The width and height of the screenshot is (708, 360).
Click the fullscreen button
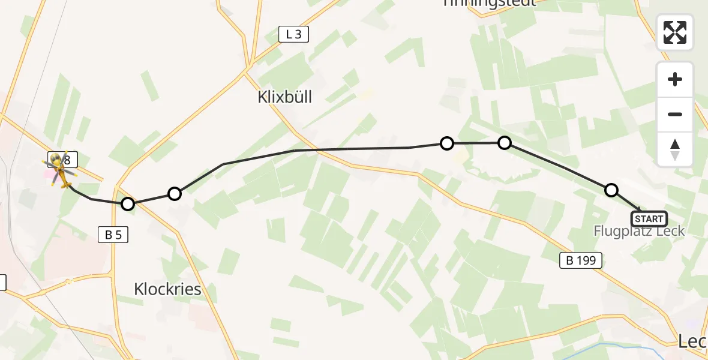[675, 32]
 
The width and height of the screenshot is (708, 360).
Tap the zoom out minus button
[675, 114]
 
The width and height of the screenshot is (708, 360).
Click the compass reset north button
[675, 149]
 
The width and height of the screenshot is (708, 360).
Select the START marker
[649, 219]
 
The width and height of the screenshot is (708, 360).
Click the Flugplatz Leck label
[639, 231]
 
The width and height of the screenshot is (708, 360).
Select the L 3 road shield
[294, 35]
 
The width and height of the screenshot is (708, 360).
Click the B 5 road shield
[113, 235]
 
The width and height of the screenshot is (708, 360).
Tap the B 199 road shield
[581, 260]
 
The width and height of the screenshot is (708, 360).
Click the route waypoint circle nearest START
[611, 190]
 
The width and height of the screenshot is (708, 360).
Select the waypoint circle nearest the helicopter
[128, 204]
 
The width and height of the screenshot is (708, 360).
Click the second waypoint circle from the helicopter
[175, 194]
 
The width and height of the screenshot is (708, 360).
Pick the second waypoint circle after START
[505, 143]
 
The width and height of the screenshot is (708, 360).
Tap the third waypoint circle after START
[446, 143]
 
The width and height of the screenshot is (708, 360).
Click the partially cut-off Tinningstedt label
[488, 4]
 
